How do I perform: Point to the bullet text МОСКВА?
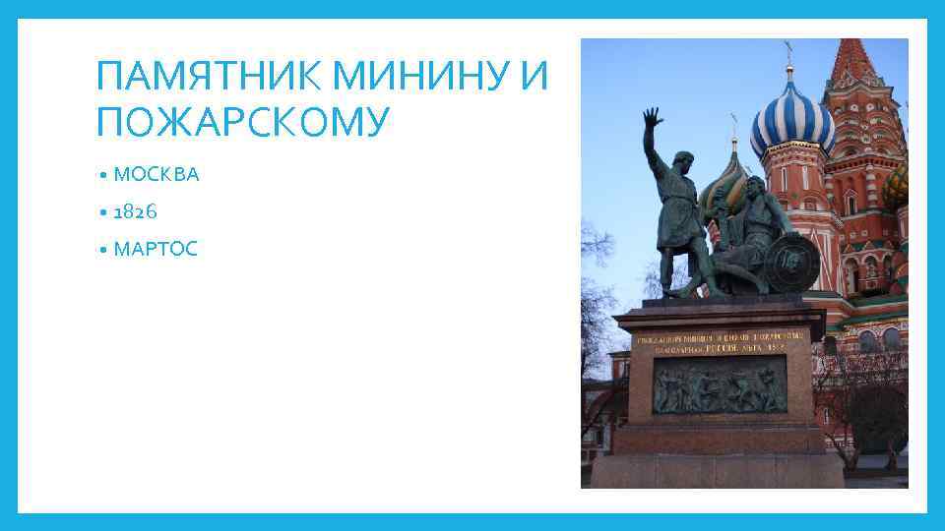coord(157,175)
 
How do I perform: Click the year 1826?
coord(136,211)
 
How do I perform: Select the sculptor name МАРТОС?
coord(156,249)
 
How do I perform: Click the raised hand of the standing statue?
coord(650,125)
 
